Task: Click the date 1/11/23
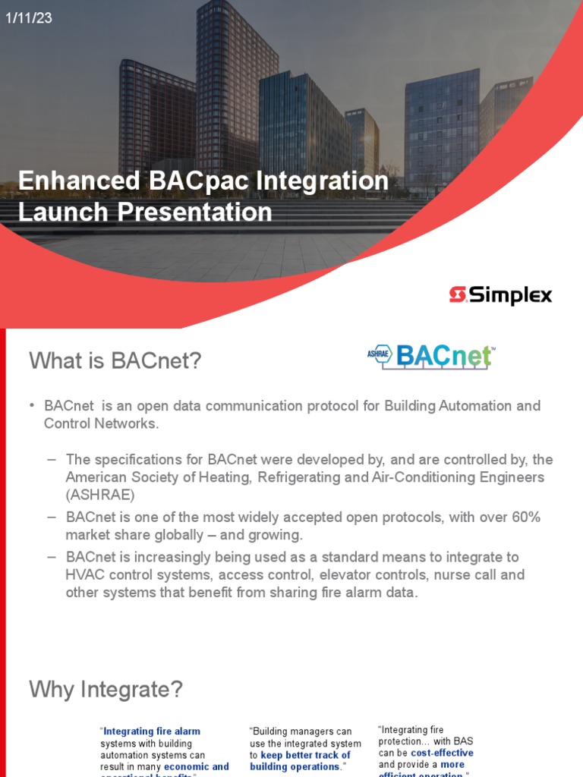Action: tap(29, 18)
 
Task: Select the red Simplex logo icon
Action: tap(457, 295)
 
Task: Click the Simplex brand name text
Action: tap(510, 295)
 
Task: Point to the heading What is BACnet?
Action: tap(115, 361)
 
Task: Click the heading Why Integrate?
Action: tap(106, 690)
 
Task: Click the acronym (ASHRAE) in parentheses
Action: tap(100, 495)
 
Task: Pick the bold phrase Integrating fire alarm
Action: tap(152, 731)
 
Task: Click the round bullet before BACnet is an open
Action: tap(33, 405)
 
